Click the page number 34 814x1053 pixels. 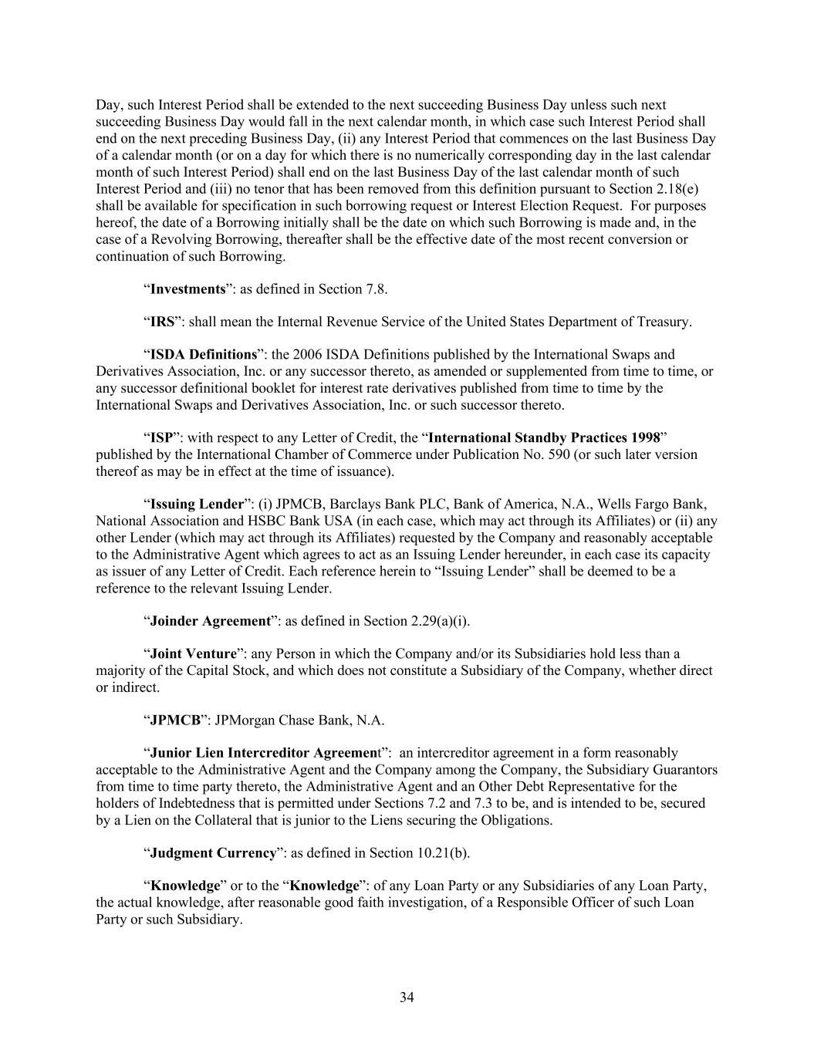tap(407, 997)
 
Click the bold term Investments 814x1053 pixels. tap(187, 289)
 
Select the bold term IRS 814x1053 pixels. tap(162, 322)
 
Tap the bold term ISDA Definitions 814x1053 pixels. tap(203, 355)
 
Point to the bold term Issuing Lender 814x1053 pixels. tap(197, 505)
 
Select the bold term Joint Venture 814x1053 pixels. tap(193, 654)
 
